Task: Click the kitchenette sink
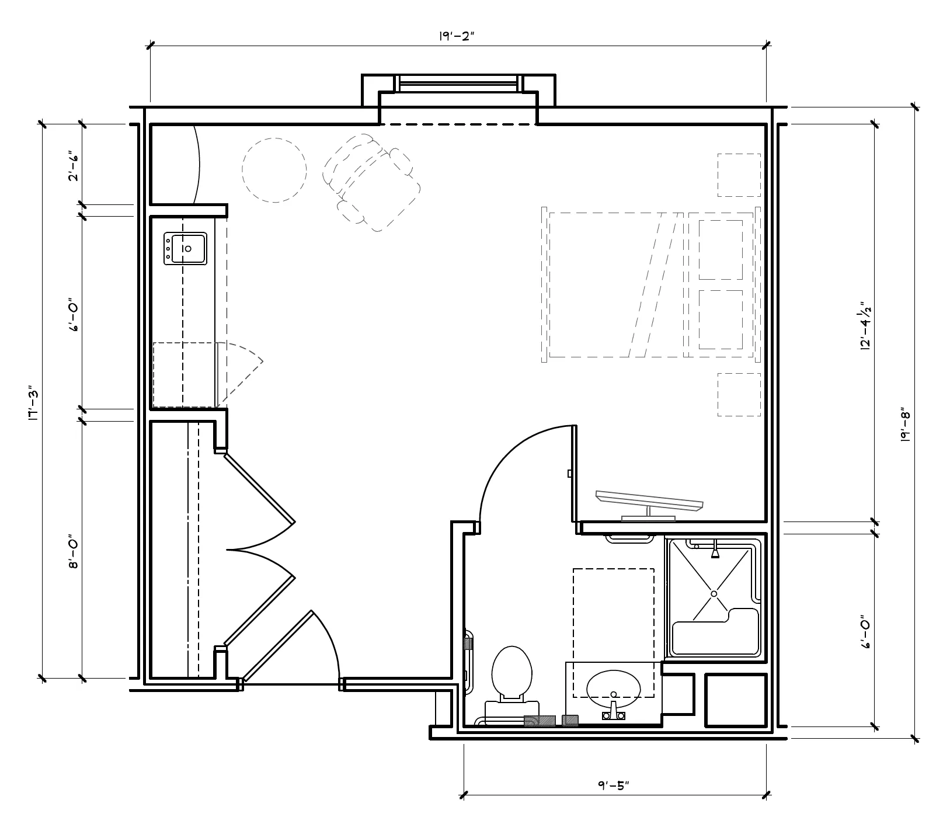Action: (x=185, y=249)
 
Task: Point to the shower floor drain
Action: (x=714, y=594)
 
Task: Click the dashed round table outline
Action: (x=274, y=169)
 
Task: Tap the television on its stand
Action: (x=648, y=503)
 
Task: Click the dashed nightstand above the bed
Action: (x=739, y=175)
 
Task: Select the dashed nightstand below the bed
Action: (x=739, y=395)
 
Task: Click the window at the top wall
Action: (x=458, y=84)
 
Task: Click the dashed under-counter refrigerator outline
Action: (x=185, y=374)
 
